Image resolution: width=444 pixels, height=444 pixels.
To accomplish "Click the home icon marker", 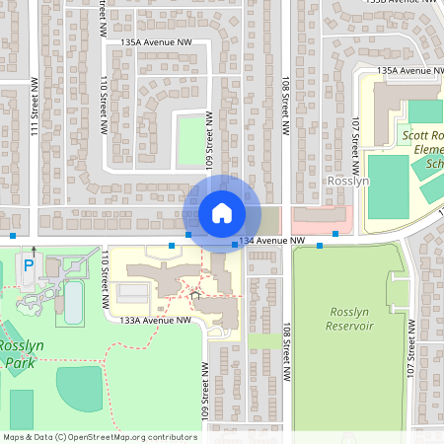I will point(222,213).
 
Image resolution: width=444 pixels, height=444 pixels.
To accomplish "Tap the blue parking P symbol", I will point(28,266).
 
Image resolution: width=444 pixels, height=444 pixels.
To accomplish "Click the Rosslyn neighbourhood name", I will point(347,183).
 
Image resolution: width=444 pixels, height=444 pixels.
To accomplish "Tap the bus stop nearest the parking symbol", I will point(12,236).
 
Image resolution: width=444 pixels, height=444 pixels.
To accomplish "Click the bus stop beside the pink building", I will point(335,233).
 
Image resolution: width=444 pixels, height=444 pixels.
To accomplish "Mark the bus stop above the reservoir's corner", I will point(319,246).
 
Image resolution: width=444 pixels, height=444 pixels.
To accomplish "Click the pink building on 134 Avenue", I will point(322,218).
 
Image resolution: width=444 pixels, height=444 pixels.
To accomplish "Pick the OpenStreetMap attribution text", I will point(99,436).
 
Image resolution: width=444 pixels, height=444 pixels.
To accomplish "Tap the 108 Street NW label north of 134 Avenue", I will point(285,109).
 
